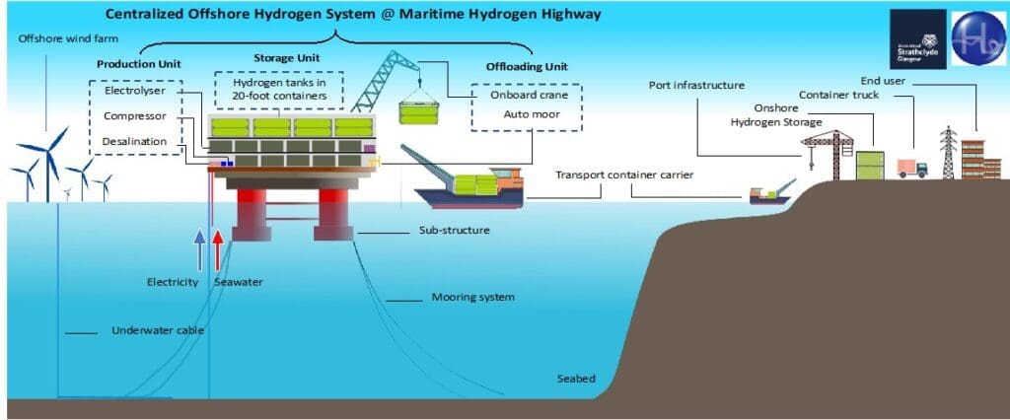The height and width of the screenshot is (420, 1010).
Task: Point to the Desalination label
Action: [141, 142]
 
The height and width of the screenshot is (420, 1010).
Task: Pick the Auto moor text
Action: [526, 115]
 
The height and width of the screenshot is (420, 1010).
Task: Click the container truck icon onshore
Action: [912, 168]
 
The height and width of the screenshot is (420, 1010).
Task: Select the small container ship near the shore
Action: [769, 193]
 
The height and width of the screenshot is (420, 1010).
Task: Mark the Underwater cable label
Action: [158, 330]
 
